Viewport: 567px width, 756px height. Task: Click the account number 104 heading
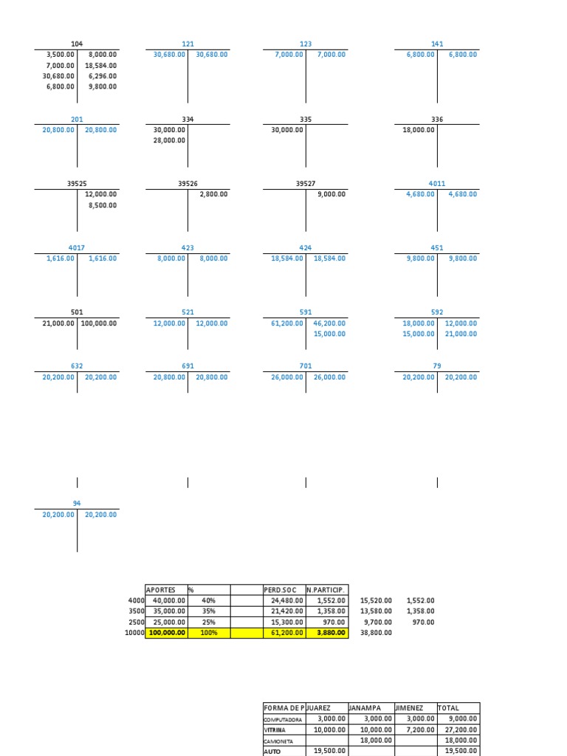(77, 44)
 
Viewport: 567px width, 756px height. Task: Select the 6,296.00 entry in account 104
(102, 76)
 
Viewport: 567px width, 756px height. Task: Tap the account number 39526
(188, 184)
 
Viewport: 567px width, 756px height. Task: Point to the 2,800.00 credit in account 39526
(213, 194)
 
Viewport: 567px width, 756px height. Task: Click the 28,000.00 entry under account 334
(167, 140)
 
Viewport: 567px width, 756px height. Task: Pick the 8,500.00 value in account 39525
(102, 205)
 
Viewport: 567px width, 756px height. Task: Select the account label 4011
(437, 184)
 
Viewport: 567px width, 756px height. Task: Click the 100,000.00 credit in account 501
(98, 323)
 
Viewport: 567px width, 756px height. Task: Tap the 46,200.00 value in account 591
(329, 323)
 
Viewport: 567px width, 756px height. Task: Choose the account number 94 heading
(77, 504)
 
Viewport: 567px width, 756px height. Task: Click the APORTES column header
(161, 590)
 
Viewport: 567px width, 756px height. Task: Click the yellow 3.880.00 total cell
(326, 633)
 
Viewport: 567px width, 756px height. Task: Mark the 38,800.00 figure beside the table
(377, 633)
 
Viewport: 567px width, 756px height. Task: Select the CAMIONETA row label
(278, 740)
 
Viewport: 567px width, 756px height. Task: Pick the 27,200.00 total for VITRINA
(462, 729)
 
